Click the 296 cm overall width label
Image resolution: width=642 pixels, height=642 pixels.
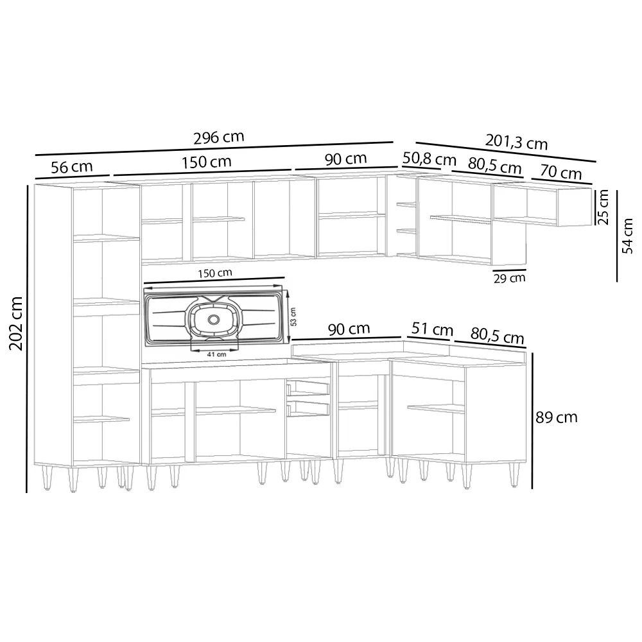pyautogui.click(x=218, y=137)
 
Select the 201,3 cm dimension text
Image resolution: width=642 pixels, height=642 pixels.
pyautogui.click(x=516, y=142)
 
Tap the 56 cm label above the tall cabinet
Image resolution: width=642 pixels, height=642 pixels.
pyautogui.click(x=71, y=167)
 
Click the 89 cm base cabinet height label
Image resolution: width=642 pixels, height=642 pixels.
pyautogui.click(x=557, y=417)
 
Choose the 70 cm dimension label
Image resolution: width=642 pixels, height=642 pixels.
pyautogui.click(x=561, y=173)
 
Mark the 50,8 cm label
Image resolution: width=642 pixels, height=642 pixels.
pyautogui.click(x=429, y=158)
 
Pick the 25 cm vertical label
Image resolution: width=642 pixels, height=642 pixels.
pyautogui.click(x=603, y=207)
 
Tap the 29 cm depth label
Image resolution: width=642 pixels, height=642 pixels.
pyautogui.click(x=510, y=278)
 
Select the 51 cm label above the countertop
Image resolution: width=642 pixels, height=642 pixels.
pyautogui.click(x=431, y=330)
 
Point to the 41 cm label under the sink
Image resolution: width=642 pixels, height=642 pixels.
pyautogui.click(x=217, y=354)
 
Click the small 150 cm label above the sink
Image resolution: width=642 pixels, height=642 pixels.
pyautogui.click(x=215, y=273)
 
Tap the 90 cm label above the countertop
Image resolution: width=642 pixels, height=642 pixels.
pyautogui.click(x=349, y=329)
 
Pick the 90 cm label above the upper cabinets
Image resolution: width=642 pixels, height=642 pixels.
pyautogui.click(x=345, y=159)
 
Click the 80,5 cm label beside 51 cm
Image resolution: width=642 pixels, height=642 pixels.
pyautogui.click(x=497, y=336)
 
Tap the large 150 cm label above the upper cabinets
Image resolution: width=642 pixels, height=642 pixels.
pyautogui.click(x=207, y=162)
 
